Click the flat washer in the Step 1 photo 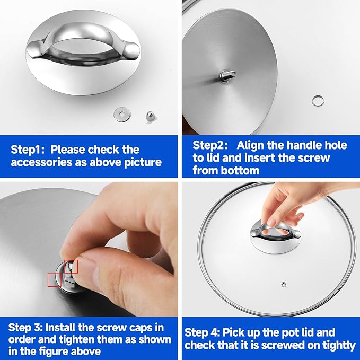(x=122, y=114)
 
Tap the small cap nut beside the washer (x=150, y=116)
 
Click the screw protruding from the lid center (x=227, y=75)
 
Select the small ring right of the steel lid (x=318, y=100)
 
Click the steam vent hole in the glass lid (x=284, y=285)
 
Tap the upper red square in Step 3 (x=71, y=267)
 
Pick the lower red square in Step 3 (x=55, y=280)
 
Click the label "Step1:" (x=28, y=150)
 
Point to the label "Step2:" (x=210, y=145)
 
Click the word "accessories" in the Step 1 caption (x=41, y=162)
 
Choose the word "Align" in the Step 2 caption (x=249, y=145)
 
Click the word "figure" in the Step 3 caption (x=54, y=352)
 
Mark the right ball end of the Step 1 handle (x=131, y=50)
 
